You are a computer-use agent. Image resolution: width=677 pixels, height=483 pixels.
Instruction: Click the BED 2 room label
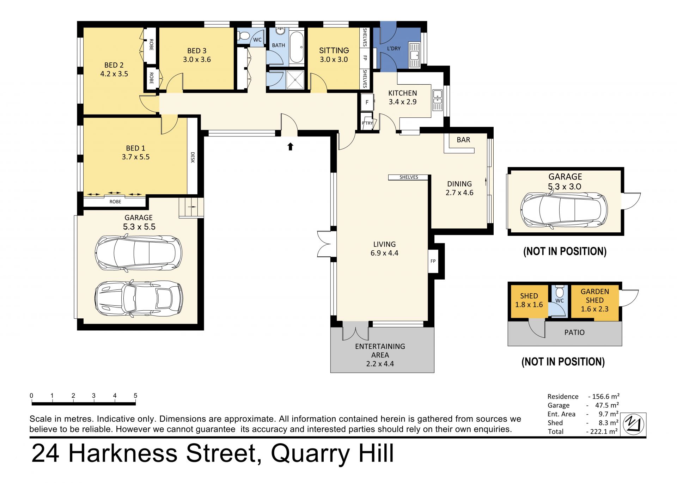point(114,65)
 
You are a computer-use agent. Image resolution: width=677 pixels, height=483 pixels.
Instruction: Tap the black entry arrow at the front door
point(290,146)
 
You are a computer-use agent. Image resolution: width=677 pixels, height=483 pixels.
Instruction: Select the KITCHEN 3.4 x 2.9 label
point(403,98)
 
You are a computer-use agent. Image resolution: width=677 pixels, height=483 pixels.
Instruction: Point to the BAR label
point(463,140)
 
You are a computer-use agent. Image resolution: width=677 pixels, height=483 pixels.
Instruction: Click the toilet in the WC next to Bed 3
point(243,35)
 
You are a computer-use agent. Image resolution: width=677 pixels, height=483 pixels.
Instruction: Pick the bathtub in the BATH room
point(297,47)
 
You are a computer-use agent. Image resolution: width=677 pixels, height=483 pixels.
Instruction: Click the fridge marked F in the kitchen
point(367,102)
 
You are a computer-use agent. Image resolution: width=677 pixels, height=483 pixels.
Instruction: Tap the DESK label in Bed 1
point(193,157)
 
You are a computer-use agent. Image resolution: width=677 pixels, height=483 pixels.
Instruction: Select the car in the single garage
point(564,209)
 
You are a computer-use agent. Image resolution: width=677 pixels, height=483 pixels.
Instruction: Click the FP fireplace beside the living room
point(433,261)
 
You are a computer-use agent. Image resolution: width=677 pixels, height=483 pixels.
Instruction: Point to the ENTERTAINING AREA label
point(380,350)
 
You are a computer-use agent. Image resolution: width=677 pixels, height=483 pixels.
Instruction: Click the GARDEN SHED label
point(595,296)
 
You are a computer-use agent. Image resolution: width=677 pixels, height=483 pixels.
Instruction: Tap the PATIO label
point(574,332)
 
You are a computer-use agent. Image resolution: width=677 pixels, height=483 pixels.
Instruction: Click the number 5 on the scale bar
point(135,396)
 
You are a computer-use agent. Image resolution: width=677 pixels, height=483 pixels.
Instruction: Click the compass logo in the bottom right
point(633,424)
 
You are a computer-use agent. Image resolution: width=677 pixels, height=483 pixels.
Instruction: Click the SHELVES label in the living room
point(409,177)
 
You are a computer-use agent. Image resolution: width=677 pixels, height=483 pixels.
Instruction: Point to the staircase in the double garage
point(191,208)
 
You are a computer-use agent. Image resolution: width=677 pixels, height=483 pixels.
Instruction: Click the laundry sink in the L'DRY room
point(415,55)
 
